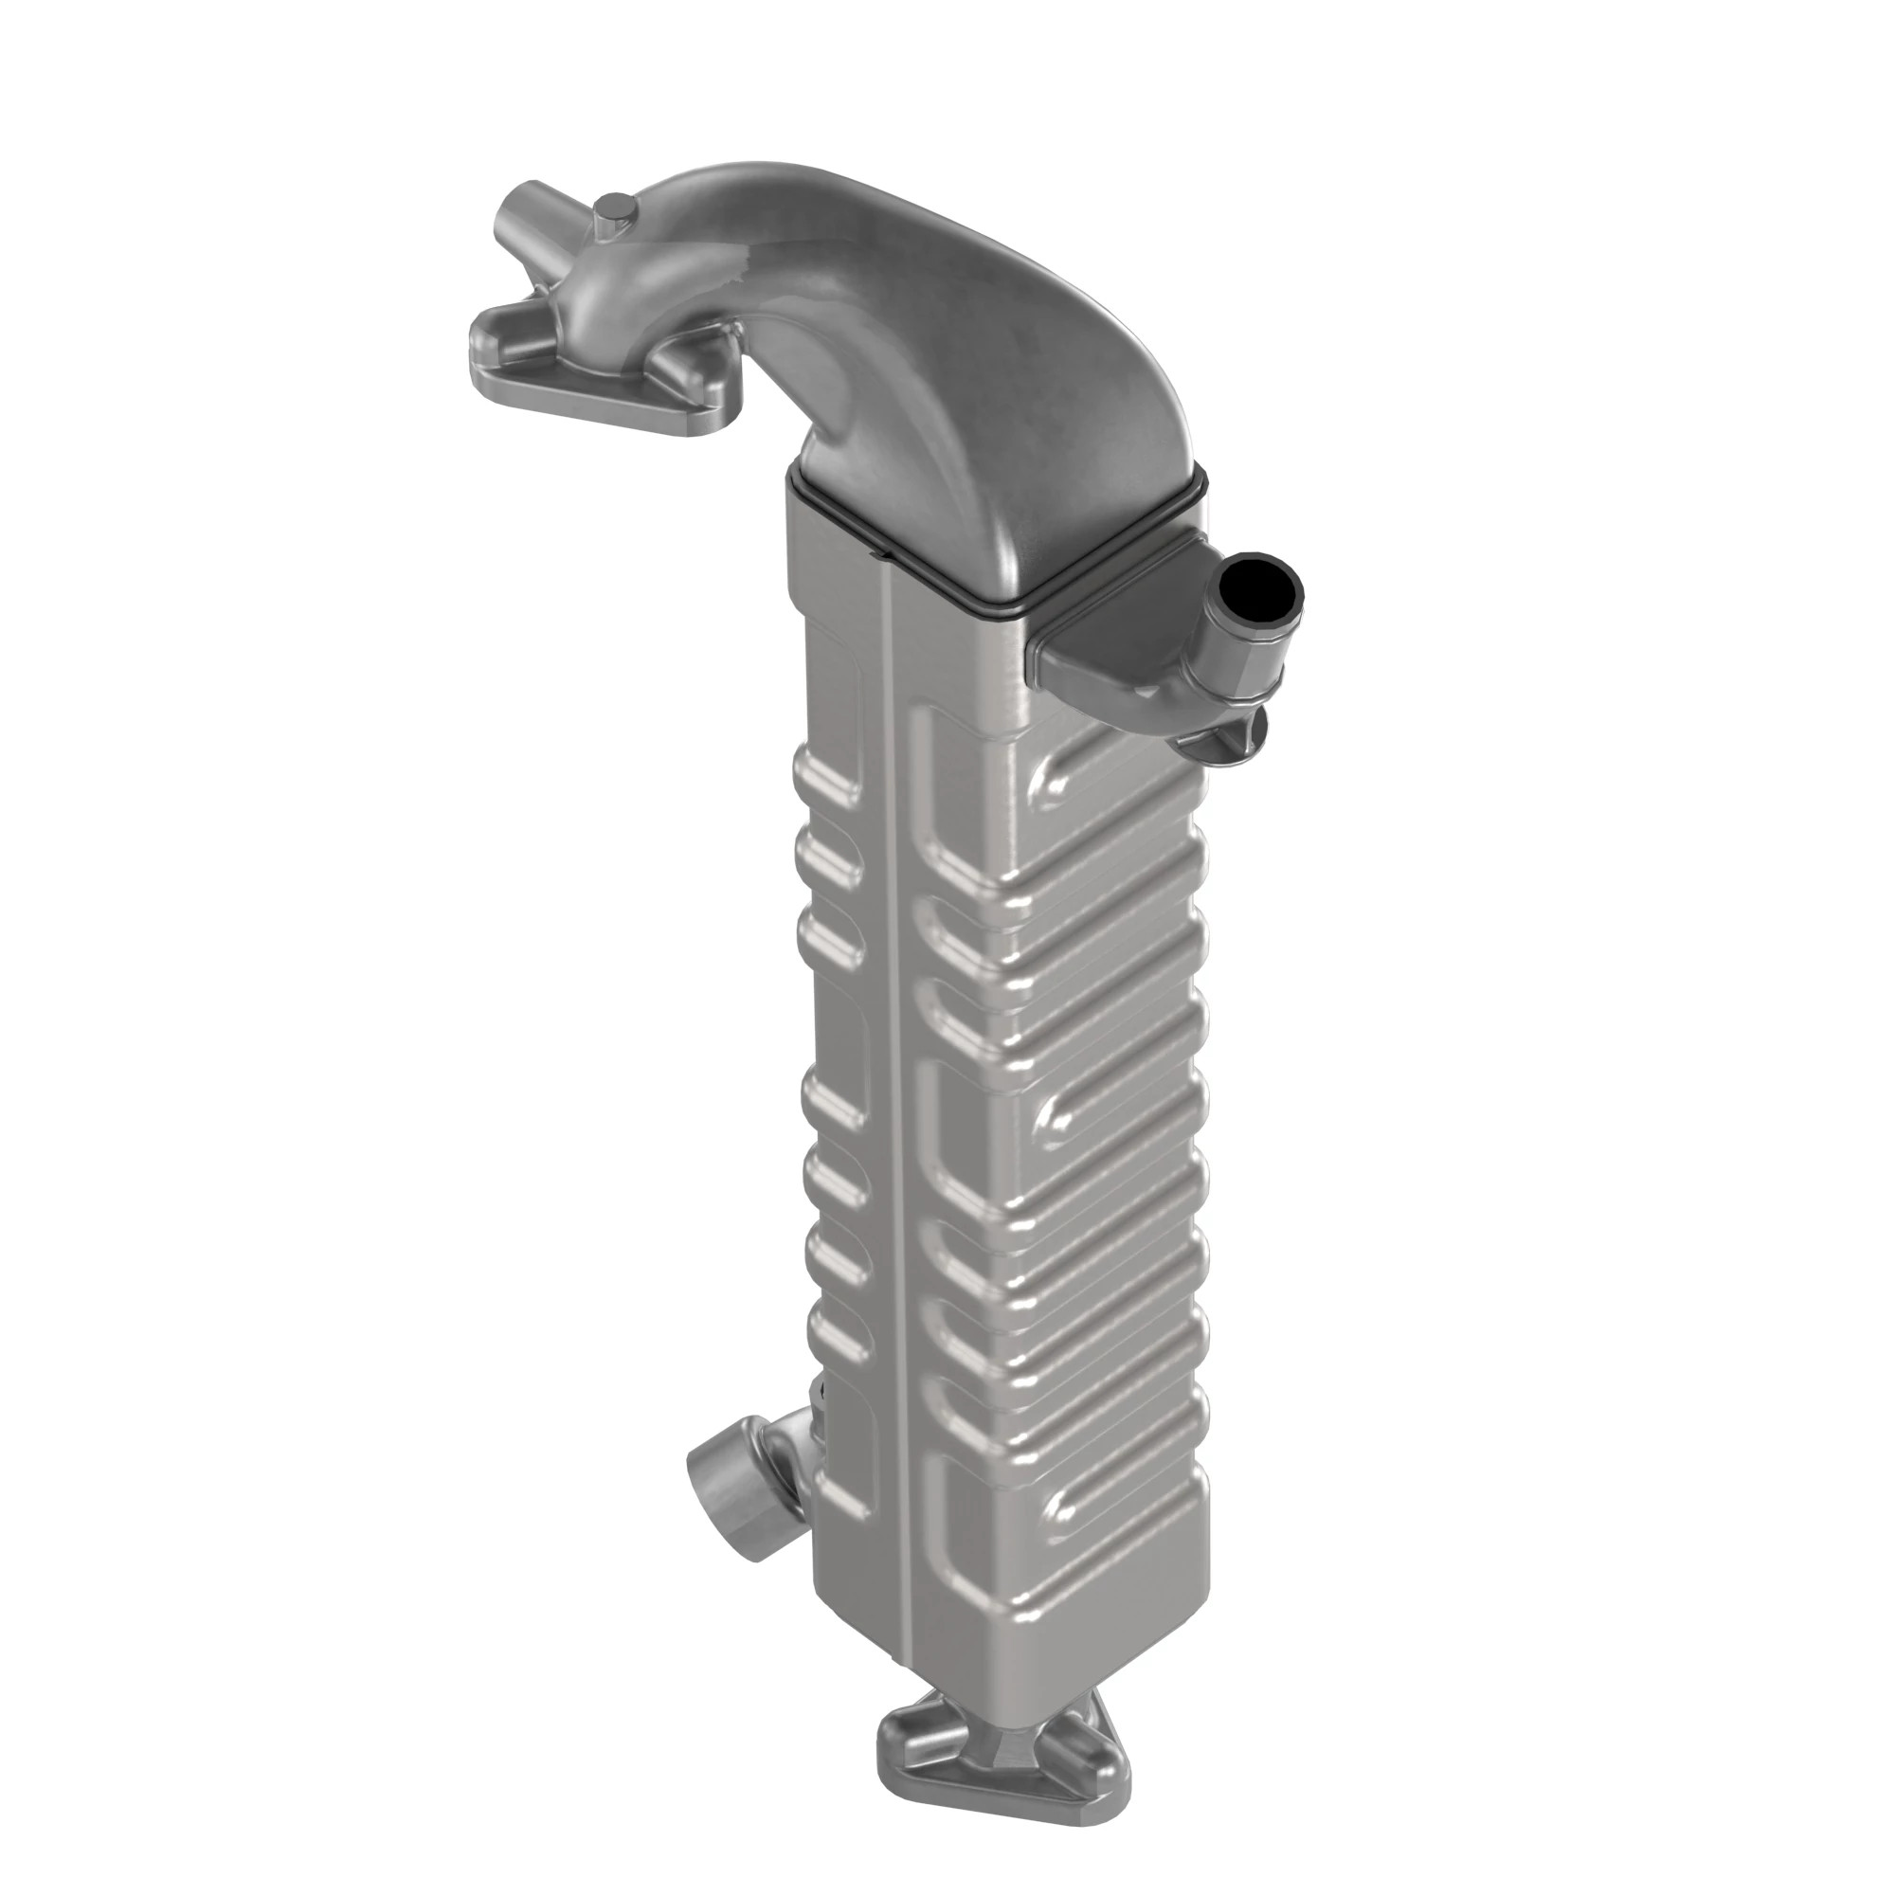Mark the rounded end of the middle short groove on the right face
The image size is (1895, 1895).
1056,1119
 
